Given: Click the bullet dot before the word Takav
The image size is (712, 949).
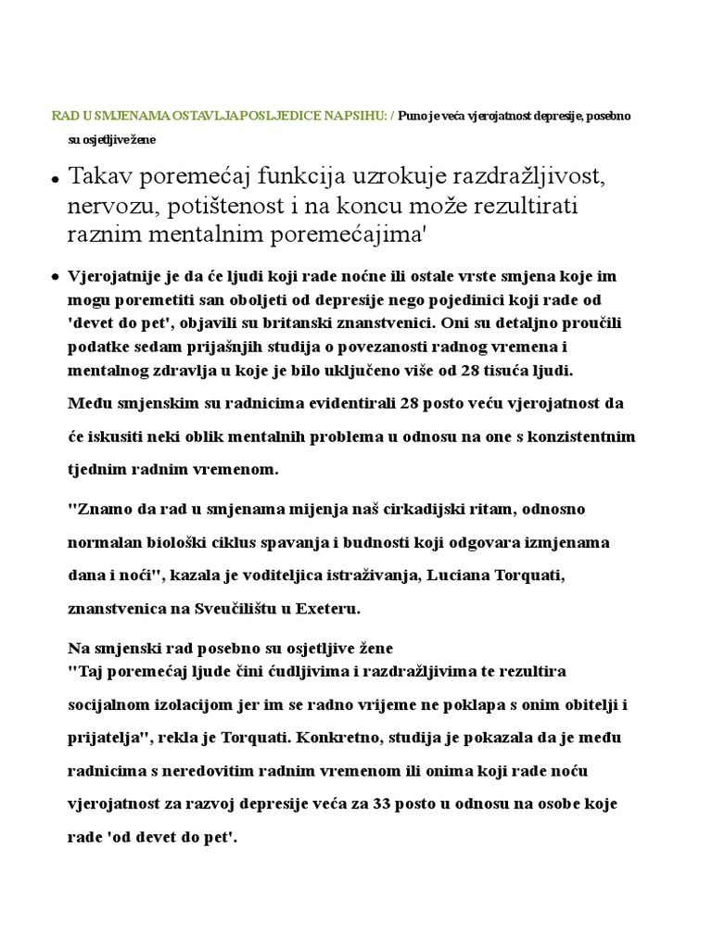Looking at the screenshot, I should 56,178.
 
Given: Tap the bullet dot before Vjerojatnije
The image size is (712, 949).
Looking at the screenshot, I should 56,277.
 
